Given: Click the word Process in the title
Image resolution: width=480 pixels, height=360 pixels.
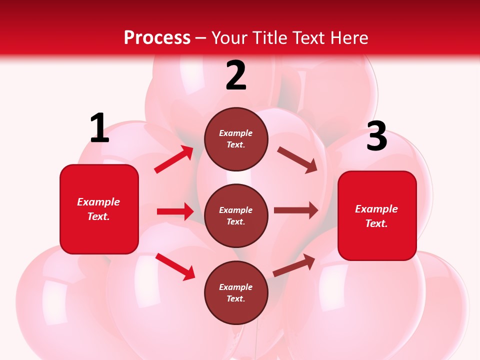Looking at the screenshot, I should coord(157,38).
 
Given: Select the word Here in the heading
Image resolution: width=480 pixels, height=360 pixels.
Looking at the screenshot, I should coord(348,38).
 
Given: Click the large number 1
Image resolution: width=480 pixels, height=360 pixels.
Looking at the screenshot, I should coord(99,128).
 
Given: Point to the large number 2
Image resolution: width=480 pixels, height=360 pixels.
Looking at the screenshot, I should coord(236,76).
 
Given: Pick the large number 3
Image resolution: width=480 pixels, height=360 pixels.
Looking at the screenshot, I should coord(376,136).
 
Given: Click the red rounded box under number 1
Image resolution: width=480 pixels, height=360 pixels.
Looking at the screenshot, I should coord(99,209).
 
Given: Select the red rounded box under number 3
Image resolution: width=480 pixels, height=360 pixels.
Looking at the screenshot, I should coord(377,215).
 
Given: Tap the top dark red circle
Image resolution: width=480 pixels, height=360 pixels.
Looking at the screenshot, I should coord(236,139).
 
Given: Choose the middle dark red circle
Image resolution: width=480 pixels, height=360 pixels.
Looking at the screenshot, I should coord(236,215).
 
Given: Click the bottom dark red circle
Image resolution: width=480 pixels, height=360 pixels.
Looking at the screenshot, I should coord(236,292).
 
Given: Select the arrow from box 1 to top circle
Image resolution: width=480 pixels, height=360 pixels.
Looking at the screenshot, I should coord(174,159).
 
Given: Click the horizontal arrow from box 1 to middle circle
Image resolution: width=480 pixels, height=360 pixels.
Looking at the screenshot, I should coord(175,211).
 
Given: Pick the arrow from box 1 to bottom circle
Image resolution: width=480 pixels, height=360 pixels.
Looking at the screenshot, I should coord(175,266).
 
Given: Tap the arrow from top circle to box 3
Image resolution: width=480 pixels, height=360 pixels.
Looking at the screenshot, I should coord(297,160).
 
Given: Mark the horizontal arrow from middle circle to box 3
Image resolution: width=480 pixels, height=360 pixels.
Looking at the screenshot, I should coord(296,210).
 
